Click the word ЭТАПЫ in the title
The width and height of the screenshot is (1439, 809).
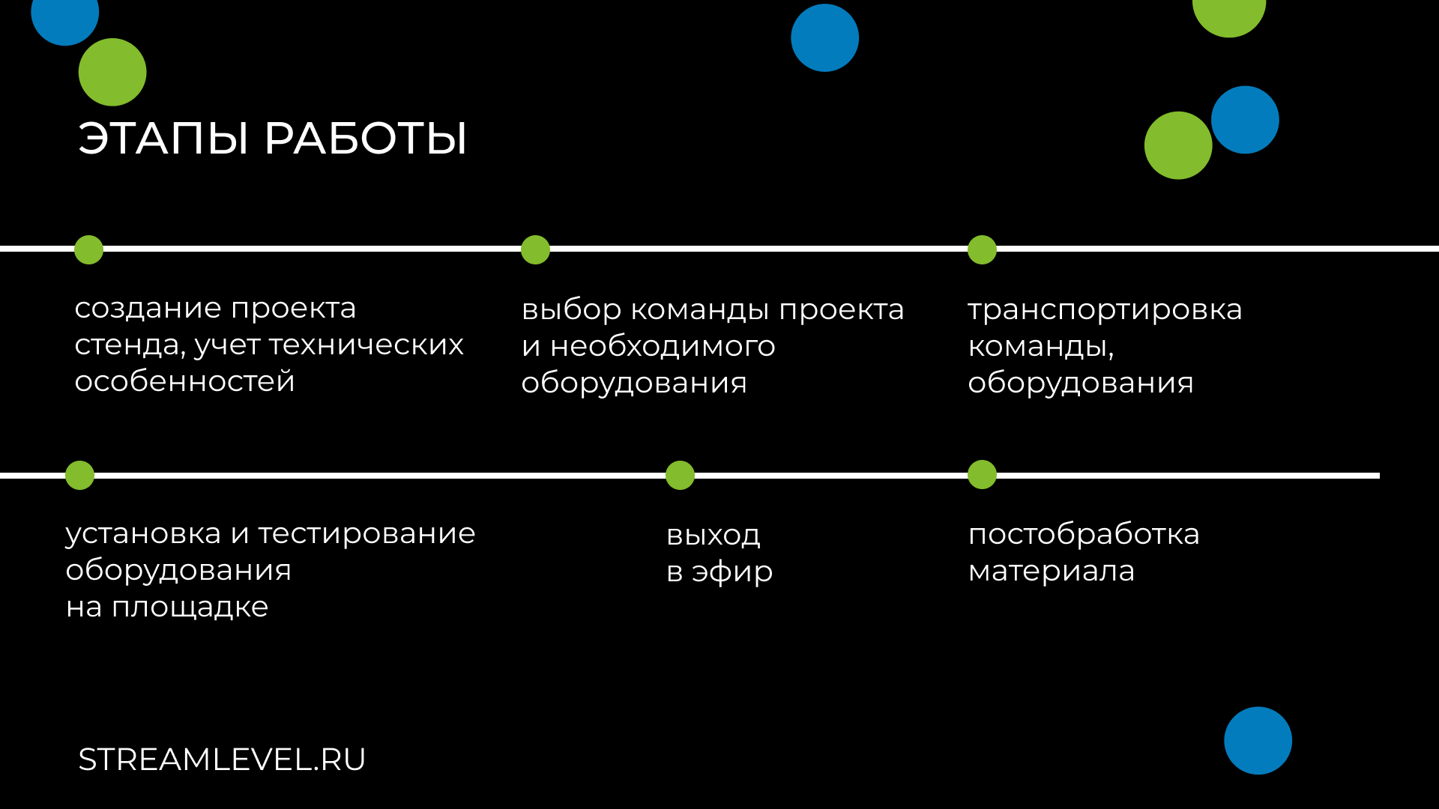pos(163,139)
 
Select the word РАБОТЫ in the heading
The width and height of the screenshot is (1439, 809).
pos(366,139)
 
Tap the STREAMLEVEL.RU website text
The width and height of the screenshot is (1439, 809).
pos(222,760)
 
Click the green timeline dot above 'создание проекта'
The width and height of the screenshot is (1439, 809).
pos(88,249)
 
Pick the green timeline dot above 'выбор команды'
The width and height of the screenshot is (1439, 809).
pos(535,249)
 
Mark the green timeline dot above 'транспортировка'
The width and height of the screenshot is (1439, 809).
pos(982,249)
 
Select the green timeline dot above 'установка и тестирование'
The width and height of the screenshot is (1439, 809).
pos(79,475)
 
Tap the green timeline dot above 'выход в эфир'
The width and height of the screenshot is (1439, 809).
pos(680,475)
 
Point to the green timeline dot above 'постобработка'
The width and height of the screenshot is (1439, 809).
pos(982,474)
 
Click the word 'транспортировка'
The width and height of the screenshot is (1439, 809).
pos(1105,310)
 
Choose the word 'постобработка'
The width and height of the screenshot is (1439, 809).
pos(1084,535)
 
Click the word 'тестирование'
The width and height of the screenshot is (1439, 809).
pos(366,534)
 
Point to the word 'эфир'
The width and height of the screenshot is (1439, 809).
pos(732,572)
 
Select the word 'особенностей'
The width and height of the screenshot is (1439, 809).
pos(184,382)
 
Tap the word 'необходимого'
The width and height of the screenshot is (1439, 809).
pos(663,347)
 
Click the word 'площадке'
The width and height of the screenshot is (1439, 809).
pos(190,607)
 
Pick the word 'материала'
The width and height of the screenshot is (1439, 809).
pos(1051,572)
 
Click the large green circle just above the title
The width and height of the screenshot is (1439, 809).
pos(112,72)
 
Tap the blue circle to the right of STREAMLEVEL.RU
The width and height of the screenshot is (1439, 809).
pos(1258,740)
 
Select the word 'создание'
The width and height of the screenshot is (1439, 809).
pos(148,309)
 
